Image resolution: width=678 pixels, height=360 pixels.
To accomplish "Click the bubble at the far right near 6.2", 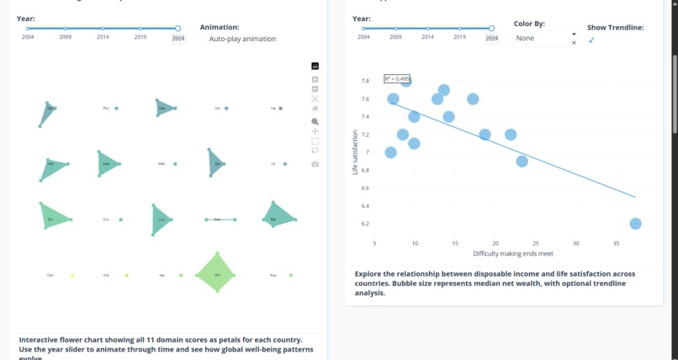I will [x=635, y=224].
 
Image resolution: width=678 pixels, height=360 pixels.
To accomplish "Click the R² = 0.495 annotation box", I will [x=397, y=79].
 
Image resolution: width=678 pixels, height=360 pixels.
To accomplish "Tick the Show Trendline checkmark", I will [x=591, y=40].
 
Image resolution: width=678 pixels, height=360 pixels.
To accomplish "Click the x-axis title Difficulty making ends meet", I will [x=513, y=253].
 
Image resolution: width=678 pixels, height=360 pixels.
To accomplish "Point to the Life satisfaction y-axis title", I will [x=355, y=152].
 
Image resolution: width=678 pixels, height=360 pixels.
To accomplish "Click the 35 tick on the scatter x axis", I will [x=617, y=243].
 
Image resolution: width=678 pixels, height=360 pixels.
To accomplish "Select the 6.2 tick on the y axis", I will [x=364, y=224].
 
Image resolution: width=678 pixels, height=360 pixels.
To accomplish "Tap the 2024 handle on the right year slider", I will [x=491, y=29].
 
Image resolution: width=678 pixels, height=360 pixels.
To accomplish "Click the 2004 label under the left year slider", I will [x=28, y=38].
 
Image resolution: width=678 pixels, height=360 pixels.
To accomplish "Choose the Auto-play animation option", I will [x=242, y=39].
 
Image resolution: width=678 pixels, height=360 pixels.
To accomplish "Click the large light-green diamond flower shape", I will [x=217, y=273].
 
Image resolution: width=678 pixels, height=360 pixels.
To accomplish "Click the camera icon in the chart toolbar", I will [x=315, y=164].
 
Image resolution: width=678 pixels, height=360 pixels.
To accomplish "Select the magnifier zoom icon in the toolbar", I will [x=315, y=122].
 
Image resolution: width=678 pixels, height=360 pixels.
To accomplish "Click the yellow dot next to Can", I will [x=72, y=275].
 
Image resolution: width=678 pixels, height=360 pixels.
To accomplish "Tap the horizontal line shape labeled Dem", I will [x=220, y=220].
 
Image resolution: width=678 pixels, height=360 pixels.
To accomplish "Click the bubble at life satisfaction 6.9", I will [x=522, y=161].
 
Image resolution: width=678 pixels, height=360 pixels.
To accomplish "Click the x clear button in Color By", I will [x=574, y=43].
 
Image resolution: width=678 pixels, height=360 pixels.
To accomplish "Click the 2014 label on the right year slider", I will [x=427, y=38].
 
